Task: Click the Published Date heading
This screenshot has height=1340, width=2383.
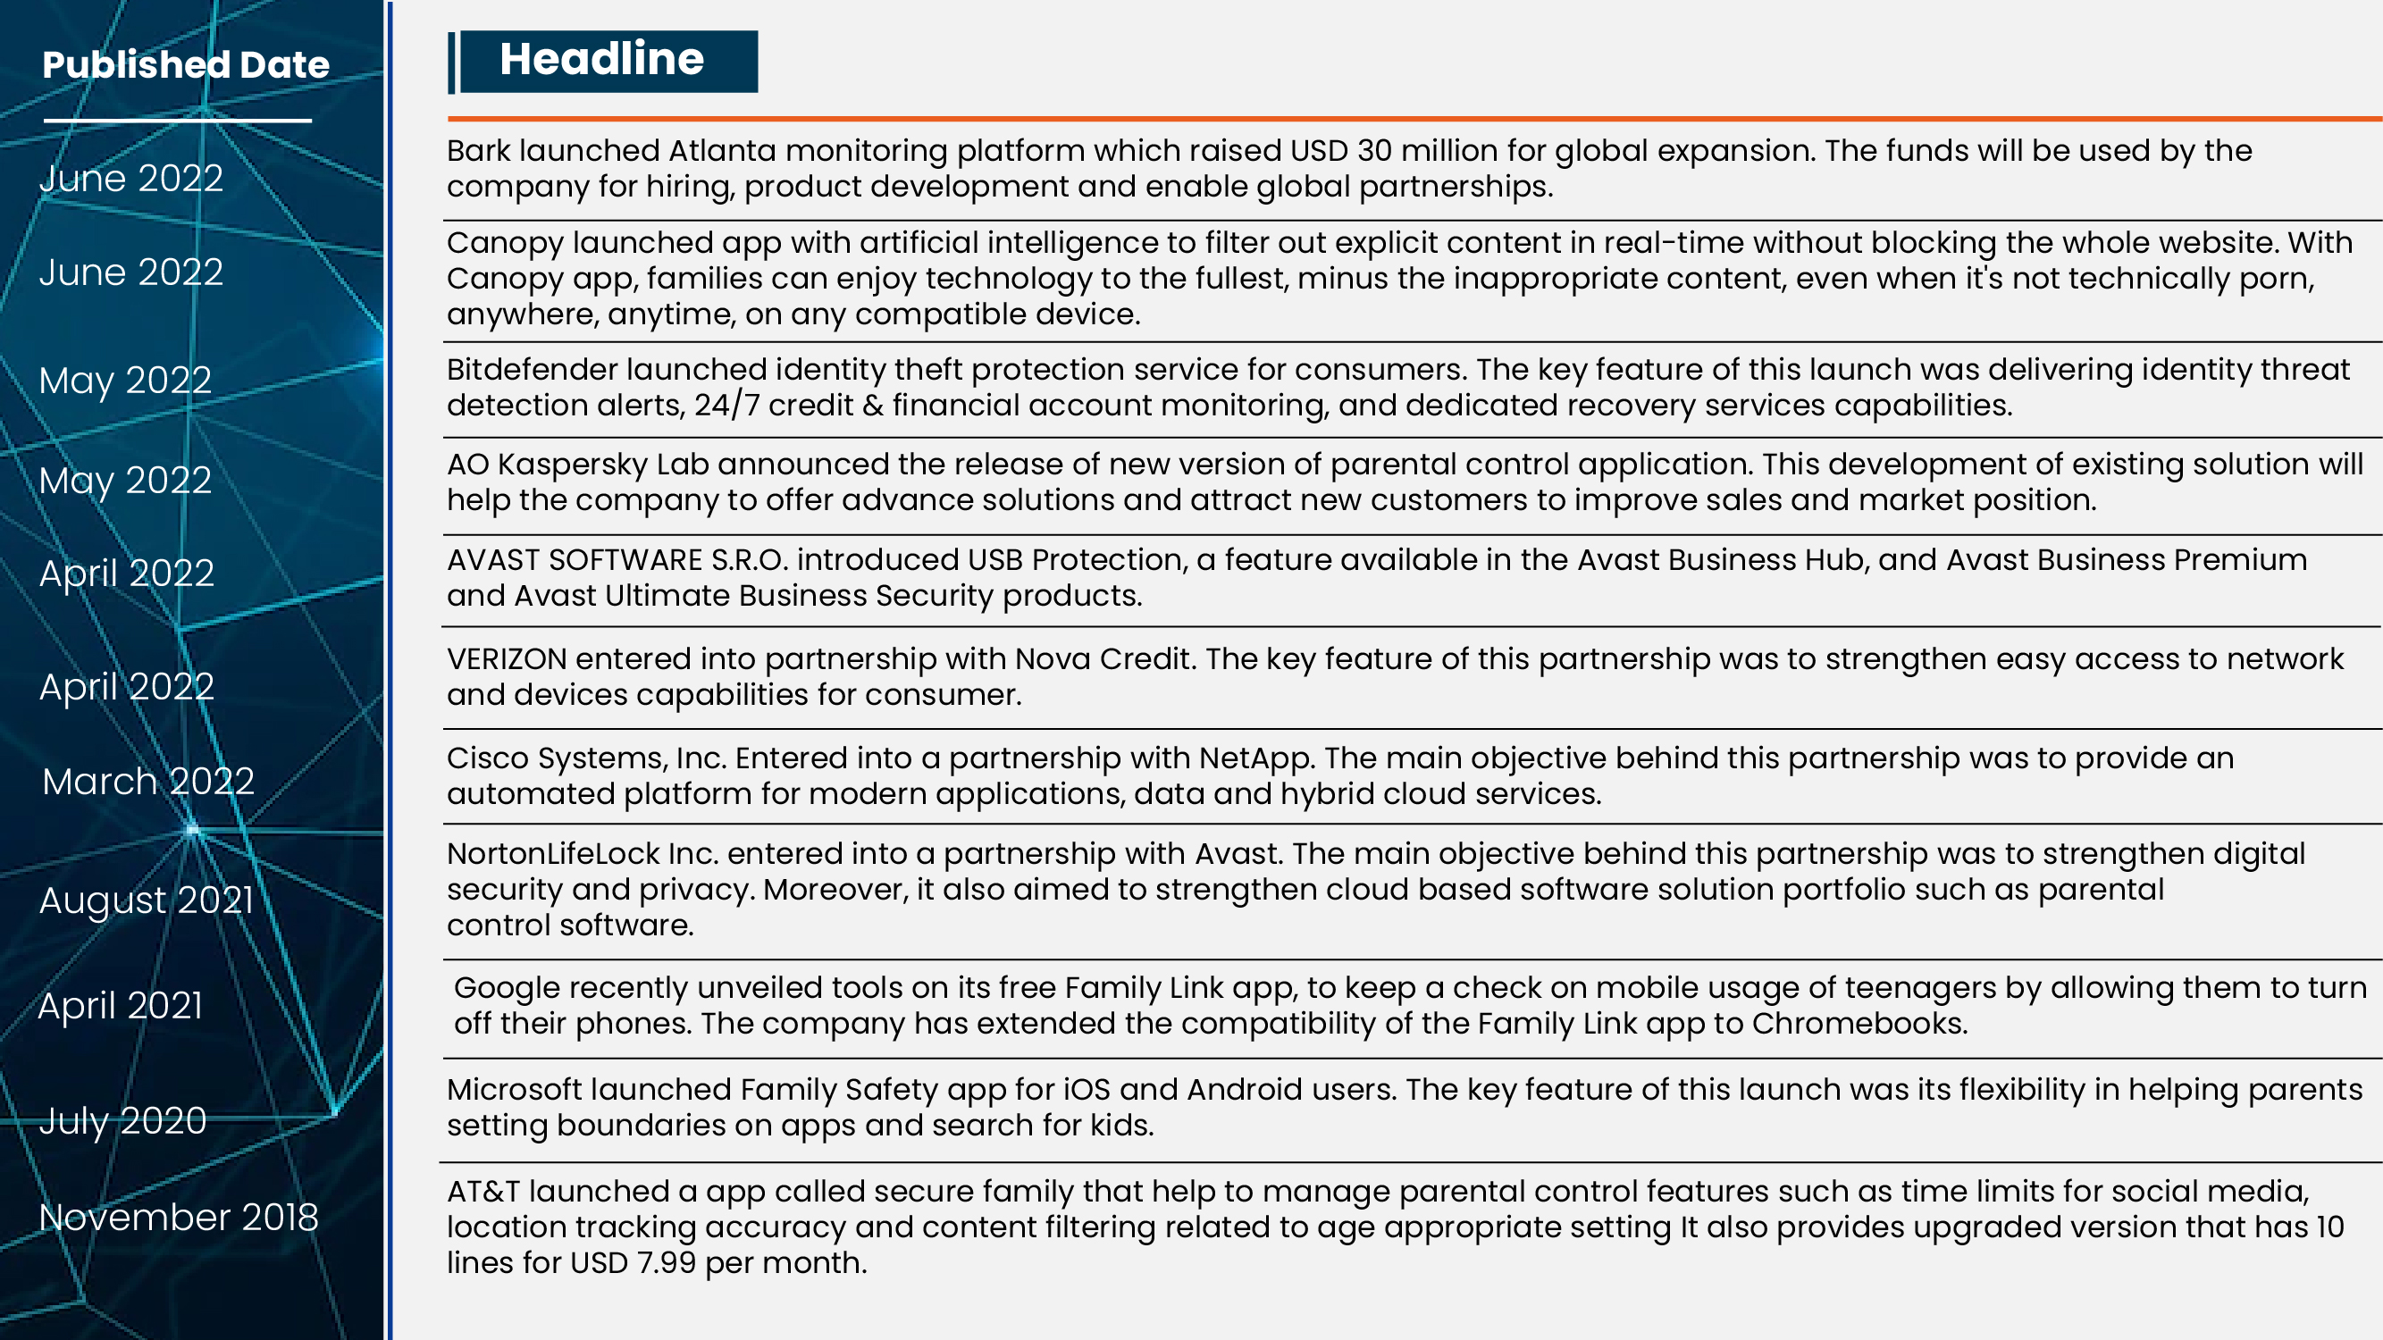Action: click(185, 64)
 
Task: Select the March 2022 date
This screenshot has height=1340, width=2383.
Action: click(148, 782)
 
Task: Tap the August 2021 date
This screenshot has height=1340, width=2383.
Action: click(147, 900)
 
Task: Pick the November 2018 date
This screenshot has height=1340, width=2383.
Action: click(179, 1217)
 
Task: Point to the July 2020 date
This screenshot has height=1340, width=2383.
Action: click(123, 1121)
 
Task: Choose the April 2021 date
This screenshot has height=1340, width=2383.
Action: click(121, 1005)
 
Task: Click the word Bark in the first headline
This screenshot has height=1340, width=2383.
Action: click(478, 151)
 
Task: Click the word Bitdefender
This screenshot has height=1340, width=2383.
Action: click(532, 370)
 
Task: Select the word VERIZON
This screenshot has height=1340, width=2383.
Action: click(506, 659)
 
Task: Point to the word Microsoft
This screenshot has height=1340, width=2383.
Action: click(514, 1089)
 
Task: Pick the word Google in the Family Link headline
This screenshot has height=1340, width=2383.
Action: click(507, 988)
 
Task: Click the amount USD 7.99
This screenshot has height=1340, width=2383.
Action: click(633, 1263)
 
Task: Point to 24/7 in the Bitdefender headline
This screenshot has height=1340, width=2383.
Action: click(726, 406)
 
